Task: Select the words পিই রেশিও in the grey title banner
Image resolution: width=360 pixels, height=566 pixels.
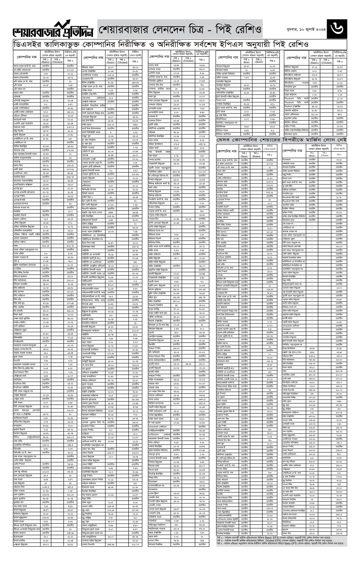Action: pyautogui.click(x=240, y=30)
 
